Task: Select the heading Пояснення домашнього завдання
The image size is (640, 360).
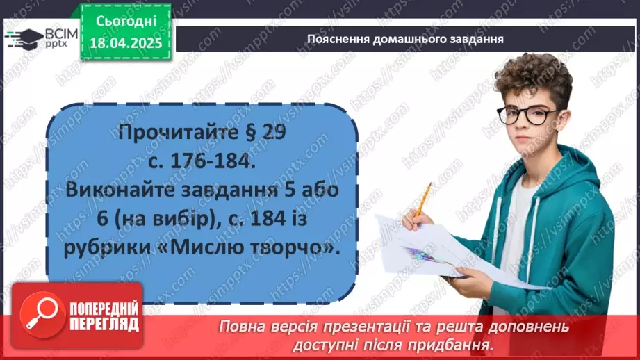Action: pos(404,39)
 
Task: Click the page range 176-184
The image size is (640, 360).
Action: pos(210,161)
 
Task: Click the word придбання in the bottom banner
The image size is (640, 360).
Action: pos(459,344)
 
